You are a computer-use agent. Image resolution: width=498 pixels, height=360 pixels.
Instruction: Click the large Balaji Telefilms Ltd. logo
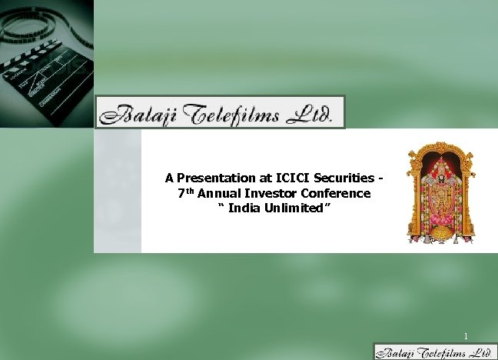pos(220,112)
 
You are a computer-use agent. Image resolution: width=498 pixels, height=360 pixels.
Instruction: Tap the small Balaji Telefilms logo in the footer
pos(434,352)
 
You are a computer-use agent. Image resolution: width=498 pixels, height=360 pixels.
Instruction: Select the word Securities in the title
pos(342,178)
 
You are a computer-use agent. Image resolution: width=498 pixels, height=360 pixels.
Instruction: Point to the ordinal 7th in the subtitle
pos(184,193)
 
